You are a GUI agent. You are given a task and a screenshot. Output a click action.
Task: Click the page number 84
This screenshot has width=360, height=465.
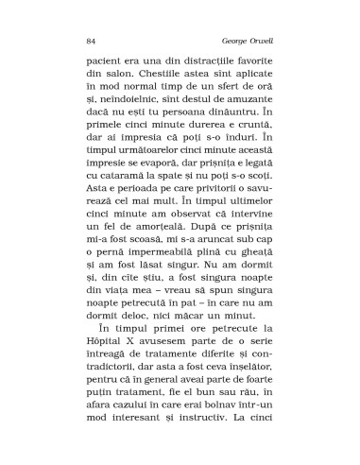(x=91, y=42)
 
